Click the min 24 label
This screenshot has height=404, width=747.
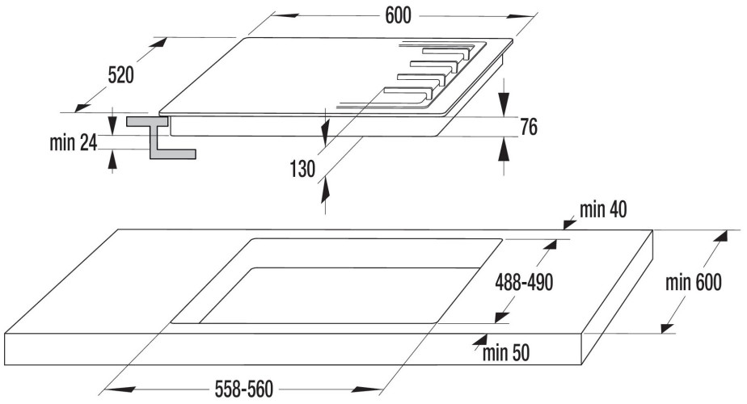pos(73,143)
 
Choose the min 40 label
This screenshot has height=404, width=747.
pos(602,211)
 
